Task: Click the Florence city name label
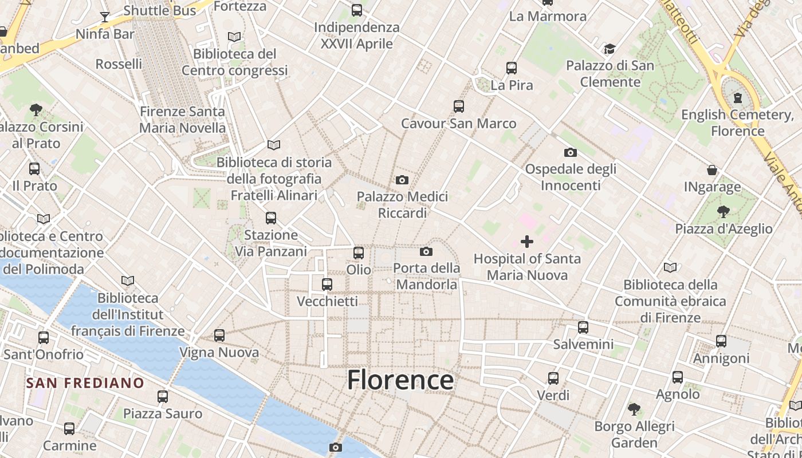[400, 380]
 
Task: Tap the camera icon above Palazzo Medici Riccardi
[402, 180]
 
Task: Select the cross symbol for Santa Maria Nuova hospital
[527, 242]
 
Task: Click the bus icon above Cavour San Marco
[458, 106]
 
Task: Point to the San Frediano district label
[85, 382]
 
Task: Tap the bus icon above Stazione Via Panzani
[271, 218]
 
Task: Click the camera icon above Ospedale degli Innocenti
[570, 152]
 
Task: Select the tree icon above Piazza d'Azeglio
[724, 212]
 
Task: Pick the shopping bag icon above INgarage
[712, 170]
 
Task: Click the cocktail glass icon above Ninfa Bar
[105, 17]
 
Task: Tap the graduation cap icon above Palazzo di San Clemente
[610, 49]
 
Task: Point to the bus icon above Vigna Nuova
[219, 335]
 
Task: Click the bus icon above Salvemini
[583, 327]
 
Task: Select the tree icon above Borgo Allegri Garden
[634, 409]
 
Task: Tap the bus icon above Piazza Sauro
[163, 396]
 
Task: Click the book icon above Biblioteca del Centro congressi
[234, 37]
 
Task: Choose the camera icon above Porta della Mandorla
[426, 251]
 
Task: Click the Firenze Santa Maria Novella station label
[183, 120]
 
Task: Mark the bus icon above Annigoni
[721, 341]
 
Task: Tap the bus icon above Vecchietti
[327, 284]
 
